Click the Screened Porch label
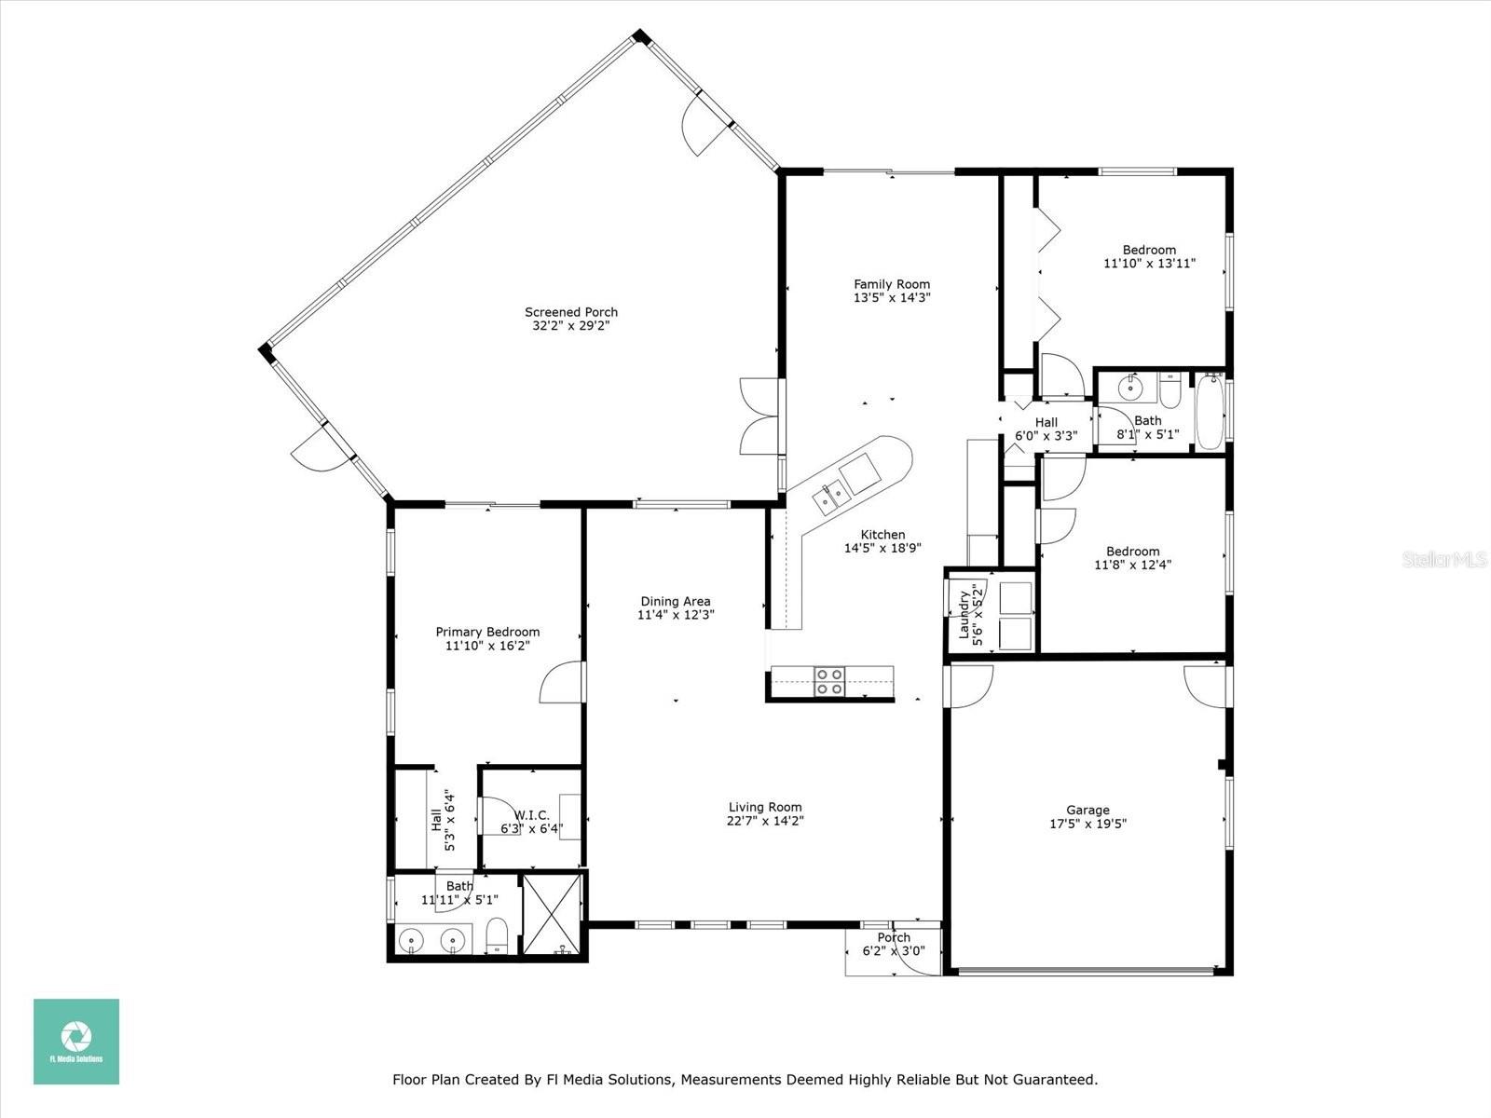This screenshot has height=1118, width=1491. point(570,312)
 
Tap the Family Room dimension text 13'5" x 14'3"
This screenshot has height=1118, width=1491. point(892,297)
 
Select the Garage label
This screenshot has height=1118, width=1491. point(1087,810)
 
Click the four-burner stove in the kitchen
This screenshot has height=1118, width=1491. point(829,682)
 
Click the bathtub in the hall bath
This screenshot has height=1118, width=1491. point(1209,412)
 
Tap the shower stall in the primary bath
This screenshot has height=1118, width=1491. point(553,914)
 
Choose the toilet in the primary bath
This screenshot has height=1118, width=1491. point(498,936)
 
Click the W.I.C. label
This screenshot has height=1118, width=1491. point(532,815)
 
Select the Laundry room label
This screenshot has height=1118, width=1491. point(964,615)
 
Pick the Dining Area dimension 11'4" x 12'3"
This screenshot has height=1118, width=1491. point(676,615)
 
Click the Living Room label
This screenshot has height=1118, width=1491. point(765,807)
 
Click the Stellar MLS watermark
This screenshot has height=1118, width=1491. point(1444,559)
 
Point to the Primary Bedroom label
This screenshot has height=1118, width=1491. point(487,632)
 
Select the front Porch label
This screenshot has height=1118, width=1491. point(894,937)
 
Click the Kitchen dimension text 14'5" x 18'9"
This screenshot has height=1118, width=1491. point(882,548)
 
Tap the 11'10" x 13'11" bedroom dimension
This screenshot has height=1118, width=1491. point(1149,264)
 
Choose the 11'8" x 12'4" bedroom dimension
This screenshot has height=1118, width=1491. point(1132,564)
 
